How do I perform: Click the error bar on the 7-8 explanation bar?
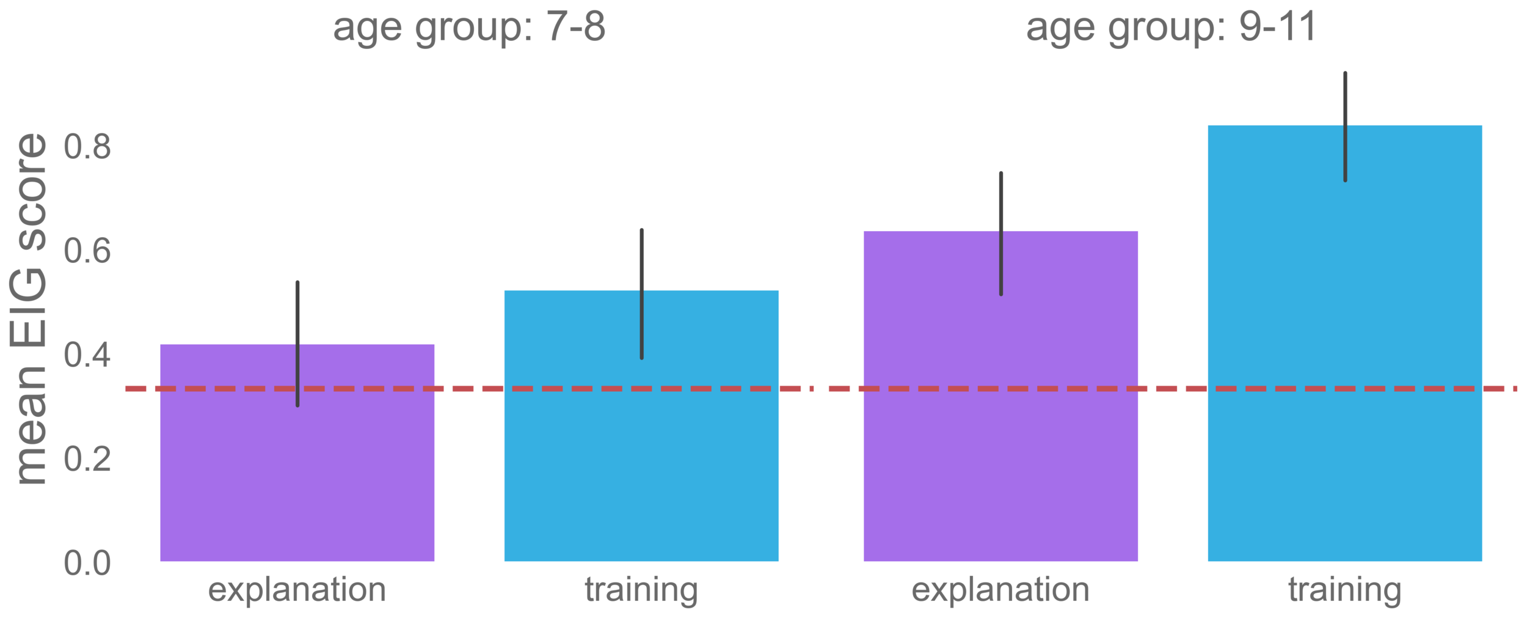[297, 318]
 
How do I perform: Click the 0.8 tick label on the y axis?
[87, 147]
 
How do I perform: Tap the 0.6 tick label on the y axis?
[87, 251]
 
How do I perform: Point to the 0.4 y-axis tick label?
[87, 355]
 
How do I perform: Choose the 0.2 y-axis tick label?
[87, 459]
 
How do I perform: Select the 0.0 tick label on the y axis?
[87, 563]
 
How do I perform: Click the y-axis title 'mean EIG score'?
[31, 309]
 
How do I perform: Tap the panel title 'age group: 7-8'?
[468, 28]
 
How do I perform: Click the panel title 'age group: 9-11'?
[1170, 28]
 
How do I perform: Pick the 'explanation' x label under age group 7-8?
[297, 590]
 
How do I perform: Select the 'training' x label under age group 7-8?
[641, 590]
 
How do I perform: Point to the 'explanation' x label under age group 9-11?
[1000, 590]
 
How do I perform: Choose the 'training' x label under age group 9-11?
[1345, 590]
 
